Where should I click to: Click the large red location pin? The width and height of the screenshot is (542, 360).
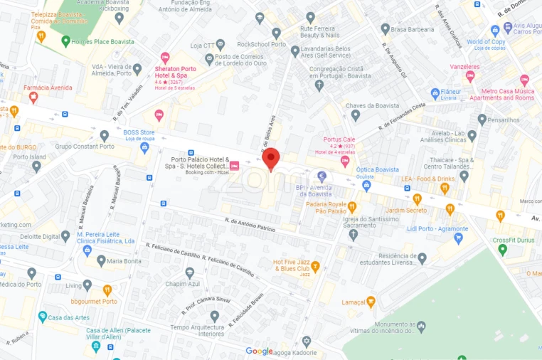[x=271, y=159]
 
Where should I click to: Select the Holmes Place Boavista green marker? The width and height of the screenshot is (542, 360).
[x=66, y=41]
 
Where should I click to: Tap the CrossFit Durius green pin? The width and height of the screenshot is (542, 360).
[x=503, y=249]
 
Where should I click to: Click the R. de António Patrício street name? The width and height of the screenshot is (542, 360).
[x=250, y=224]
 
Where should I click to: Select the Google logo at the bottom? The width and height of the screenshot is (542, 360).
[x=259, y=351]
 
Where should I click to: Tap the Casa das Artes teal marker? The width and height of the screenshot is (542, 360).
[x=43, y=317]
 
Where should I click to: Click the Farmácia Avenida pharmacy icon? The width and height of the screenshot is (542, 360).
[x=33, y=98]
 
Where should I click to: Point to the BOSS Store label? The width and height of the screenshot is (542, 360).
[x=139, y=132]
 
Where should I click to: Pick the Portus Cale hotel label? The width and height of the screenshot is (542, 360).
[x=339, y=139]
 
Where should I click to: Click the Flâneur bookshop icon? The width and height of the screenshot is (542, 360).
[x=435, y=93]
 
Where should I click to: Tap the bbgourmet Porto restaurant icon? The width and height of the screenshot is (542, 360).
[x=107, y=290]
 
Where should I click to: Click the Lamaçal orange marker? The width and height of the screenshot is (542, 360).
[x=371, y=302]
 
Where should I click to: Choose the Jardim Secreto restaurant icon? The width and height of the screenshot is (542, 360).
[x=418, y=199]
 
